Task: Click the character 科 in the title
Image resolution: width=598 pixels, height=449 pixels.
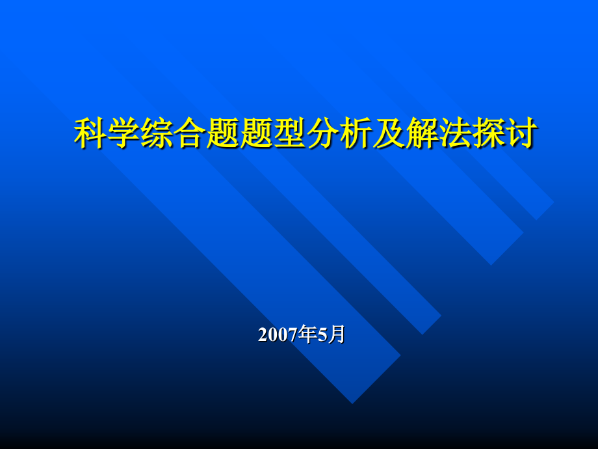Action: pos(90,134)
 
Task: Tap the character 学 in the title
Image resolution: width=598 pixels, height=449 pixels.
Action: pos(123,134)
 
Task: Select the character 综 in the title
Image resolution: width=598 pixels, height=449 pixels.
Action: pos(156,134)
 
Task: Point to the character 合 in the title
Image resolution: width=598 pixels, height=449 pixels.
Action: pos(189,134)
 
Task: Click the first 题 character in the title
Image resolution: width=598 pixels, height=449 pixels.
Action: pos(222,134)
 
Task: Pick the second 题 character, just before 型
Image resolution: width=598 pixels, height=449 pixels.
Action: pos(255,134)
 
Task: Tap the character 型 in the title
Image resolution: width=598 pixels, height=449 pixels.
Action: pos(289,134)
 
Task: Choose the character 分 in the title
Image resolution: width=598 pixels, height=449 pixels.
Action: pos(322,134)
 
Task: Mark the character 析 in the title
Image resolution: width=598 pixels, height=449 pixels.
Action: pos(355,134)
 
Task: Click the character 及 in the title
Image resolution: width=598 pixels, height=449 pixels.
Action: pos(388,134)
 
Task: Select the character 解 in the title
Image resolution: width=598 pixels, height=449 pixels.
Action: pos(421,134)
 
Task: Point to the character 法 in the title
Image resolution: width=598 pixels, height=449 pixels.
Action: pos(454,134)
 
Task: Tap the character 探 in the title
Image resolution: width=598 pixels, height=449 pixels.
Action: pos(487,134)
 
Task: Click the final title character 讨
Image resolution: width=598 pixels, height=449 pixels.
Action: pos(521,134)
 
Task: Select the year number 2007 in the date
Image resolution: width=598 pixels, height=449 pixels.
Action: pos(278,335)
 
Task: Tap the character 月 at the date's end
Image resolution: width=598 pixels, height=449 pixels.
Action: pos(336,334)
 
